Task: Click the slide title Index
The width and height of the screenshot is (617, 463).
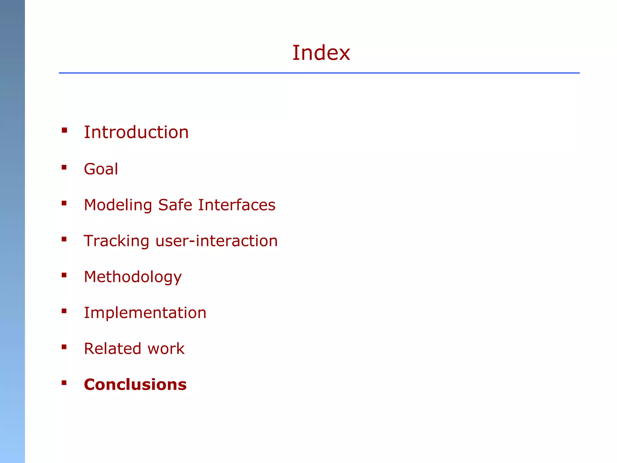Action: point(321,53)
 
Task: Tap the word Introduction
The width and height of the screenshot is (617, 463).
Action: point(136,132)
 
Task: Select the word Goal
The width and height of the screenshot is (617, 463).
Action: point(101,169)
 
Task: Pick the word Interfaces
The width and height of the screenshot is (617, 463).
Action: point(237,205)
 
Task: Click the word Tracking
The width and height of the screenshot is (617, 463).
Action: point(116,241)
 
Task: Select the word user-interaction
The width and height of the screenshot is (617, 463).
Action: point(217,241)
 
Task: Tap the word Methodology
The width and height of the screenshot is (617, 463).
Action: point(133,277)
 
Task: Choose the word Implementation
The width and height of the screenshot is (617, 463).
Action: point(145,313)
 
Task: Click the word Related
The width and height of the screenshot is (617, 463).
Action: point(112,349)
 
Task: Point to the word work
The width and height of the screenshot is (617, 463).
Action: point(166,349)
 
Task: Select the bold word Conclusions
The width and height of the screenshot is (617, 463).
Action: point(135,385)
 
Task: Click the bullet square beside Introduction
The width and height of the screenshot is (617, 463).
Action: point(64,130)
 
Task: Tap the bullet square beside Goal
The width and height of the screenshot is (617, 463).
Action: point(64,167)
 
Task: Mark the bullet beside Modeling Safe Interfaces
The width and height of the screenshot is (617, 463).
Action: point(64,203)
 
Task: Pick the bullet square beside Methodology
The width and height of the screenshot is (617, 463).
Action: point(64,275)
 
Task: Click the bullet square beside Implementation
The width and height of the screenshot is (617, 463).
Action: point(64,311)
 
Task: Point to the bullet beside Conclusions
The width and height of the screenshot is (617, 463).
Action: point(64,383)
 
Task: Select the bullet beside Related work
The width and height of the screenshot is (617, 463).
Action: point(64,347)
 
